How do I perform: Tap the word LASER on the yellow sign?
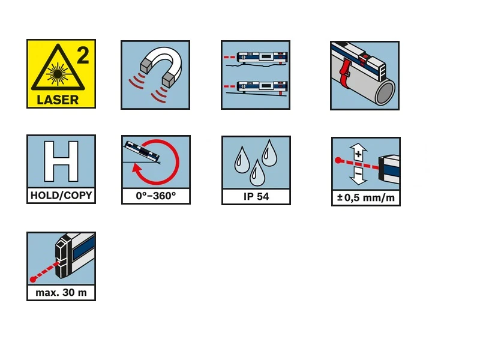58,100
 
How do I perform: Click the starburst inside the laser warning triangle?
57,73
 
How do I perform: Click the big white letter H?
61,161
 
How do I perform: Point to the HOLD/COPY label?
61,196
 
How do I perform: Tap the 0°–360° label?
156,196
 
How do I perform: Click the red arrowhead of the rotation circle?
137,168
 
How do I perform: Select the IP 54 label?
256,197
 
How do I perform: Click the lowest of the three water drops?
257,173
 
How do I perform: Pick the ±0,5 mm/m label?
366,197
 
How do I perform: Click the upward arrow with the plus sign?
358,152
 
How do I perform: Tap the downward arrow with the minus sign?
358,175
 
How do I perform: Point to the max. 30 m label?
61,293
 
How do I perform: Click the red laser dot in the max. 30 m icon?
33,279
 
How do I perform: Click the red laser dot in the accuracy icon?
338,160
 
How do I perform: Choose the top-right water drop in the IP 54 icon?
269,153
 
